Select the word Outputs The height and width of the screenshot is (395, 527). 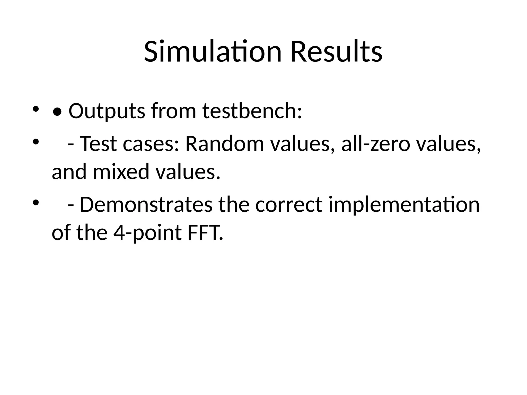tap(107, 111)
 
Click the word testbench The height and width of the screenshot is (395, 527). tap(252, 111)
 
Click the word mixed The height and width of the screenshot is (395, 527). tap(121, 172)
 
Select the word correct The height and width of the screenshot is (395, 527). tap(289, 204)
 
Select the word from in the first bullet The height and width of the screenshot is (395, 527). tap(174, 111)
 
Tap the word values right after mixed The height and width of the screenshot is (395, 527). tap(188, 172)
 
